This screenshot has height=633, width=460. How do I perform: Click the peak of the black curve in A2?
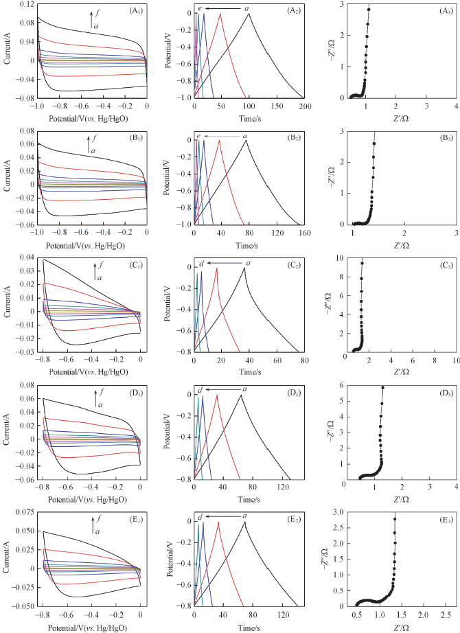click(249, 14)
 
